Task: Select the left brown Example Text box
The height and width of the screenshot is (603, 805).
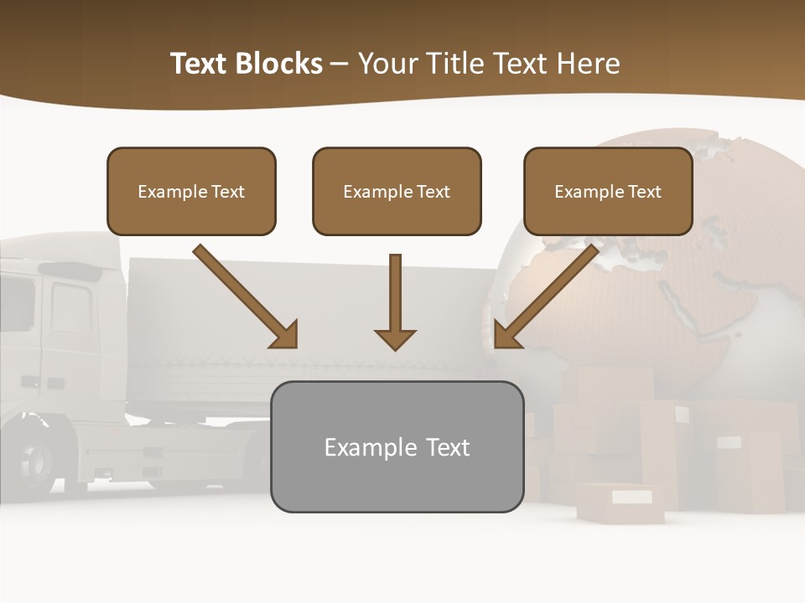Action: tap(191, 191)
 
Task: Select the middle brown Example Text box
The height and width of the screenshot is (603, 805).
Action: tap(397, 191)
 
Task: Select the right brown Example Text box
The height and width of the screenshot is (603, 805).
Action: tap(608, 191)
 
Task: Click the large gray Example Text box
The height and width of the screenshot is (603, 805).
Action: tap(397, 446)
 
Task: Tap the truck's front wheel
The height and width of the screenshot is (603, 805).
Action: tap(36, 460)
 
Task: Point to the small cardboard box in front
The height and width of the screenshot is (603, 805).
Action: tap(621, 502)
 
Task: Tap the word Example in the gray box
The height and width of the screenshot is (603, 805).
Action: tap(370, 447)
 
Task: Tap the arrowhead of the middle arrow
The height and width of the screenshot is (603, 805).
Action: tap(395, 338)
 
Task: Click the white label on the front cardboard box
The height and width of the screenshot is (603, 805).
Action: tap(631, 497)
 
